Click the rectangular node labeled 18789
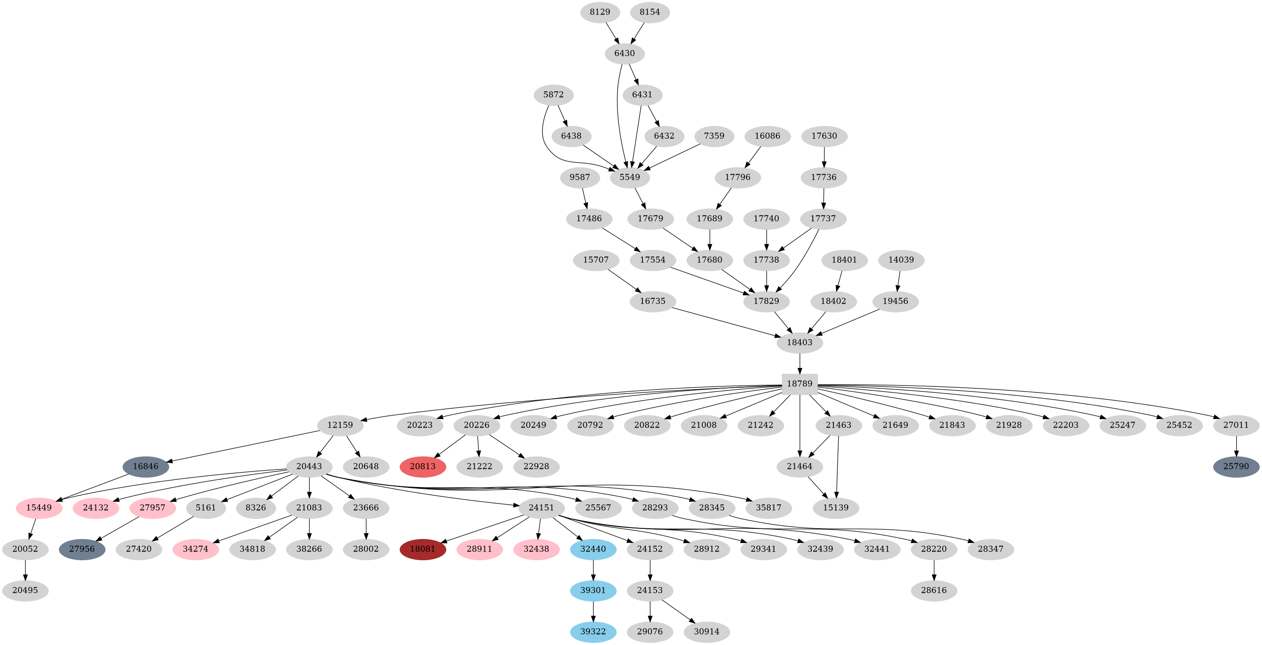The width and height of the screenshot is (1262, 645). [x=799, y=383]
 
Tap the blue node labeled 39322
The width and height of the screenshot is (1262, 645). [x=593, y=631]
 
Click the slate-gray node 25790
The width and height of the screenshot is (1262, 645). [x=1236, y=466]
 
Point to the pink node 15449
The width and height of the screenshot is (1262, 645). [x=39, y=507]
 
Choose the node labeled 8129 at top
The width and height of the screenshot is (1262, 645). [x=600, y=12]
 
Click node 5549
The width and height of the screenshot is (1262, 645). [x=629, y=177]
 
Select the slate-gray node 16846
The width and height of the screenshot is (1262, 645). [x=145, y=466]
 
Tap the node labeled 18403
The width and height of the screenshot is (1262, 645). [x=799, y=343]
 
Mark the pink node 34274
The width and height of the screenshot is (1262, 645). [x=195, y=549]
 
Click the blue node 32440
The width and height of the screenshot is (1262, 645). [x=593, y=549]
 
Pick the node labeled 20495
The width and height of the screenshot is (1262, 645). [x=25, y=590]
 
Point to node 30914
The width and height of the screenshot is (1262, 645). [x=707, y=631]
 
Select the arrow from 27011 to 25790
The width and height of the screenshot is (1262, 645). [x=1236, y=445]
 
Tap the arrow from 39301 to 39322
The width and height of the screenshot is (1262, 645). [x=593, y=611]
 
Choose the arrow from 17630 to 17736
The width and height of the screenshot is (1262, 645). [x=824, y=156]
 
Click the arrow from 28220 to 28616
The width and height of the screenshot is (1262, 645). [x=934, y=569]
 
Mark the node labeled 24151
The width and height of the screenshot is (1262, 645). [x=541, y=507]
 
